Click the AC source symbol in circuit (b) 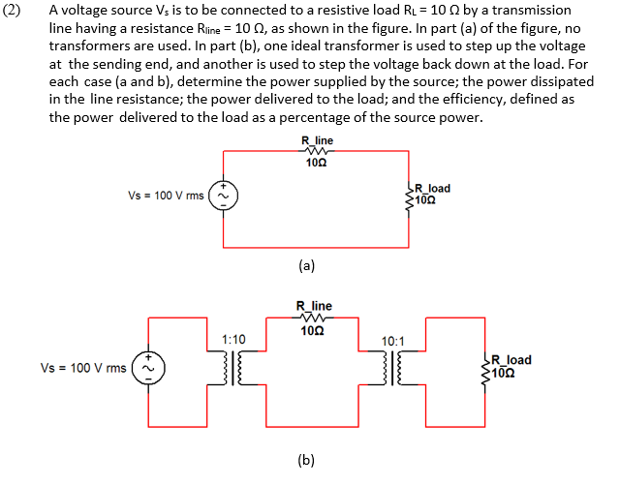148,367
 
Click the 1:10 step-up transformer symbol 233,369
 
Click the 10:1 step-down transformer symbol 394,369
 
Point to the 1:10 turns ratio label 233,340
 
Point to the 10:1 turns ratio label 394,342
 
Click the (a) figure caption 306,263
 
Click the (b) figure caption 306,460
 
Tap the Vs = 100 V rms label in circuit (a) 166,196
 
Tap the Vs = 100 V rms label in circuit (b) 83,368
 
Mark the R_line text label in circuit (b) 314,306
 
